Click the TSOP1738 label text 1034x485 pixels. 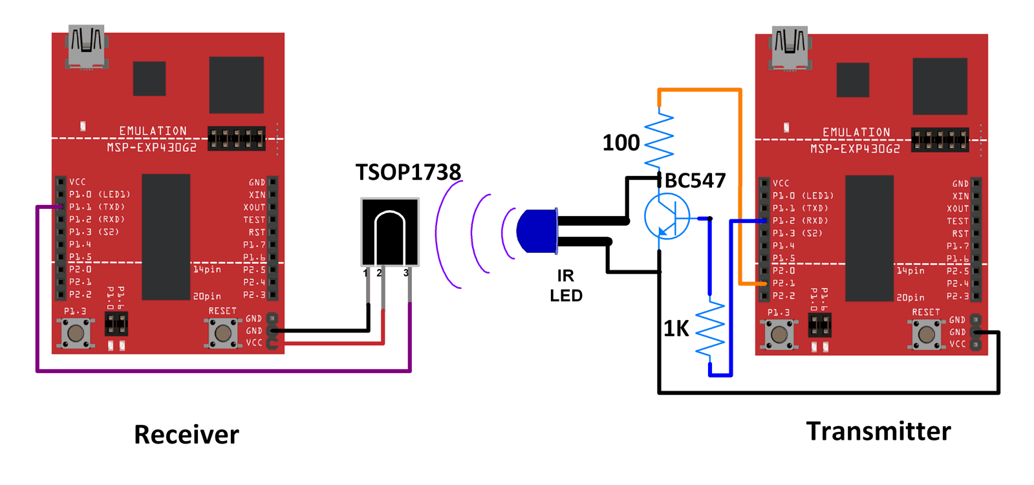(x=408, y=172)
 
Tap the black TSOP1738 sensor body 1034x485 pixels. (x=390, y=232)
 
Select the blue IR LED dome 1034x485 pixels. (x=537, y=231)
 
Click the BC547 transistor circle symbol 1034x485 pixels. (x=667, y=217)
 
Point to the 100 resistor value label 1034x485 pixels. (x=621, y=143)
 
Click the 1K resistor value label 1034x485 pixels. (x=676, y=329)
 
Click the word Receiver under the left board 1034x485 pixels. (x=186, y=435)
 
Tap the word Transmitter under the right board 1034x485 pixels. (x=878, y=431)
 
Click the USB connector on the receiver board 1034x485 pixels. (x=86, y=47)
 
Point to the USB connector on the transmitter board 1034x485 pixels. (x=790, y=47)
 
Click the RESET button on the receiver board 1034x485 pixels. (x=222, y=332)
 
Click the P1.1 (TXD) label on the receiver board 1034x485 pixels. (x=96, y=207)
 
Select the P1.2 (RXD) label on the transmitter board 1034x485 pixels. (x=800, y=221)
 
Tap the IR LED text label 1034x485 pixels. (x=566, y=285)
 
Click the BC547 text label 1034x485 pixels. (x=695, y=180)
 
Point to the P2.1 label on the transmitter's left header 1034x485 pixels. (x=783, y=283)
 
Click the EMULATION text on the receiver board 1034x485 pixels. (x=153, y=131)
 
